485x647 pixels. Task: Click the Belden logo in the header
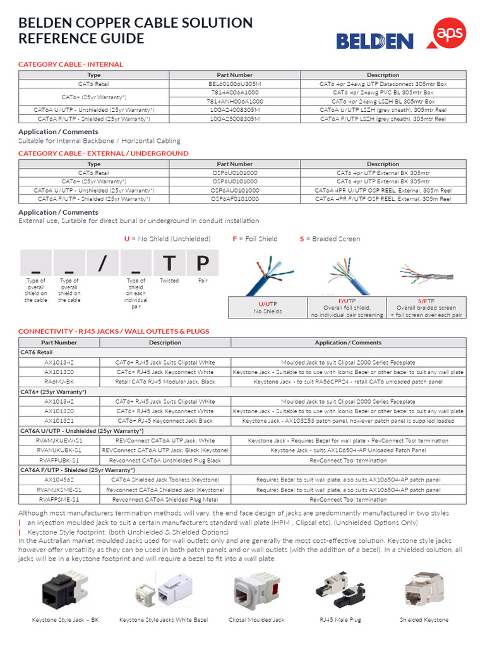click(374, 41)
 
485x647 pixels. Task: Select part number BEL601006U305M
click(234, 83)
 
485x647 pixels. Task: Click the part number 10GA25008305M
click(234, 118)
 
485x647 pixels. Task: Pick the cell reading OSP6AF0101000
click(234, 198)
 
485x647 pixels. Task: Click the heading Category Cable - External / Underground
click(103, 154)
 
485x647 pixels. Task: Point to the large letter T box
click(169, 263)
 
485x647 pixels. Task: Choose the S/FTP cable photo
click(426, 273)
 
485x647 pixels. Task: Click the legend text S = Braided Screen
click(330, 239)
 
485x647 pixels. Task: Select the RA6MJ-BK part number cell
click(59, 382)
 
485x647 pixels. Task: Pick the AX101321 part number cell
click(59, 420)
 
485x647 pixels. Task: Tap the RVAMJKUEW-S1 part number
click(59, 440)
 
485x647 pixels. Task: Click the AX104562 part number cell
click(59, 480)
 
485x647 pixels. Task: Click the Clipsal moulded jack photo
click(256, 591)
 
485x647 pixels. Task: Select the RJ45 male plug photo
click(340, 591)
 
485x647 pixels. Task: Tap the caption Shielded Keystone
click(424, 620)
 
